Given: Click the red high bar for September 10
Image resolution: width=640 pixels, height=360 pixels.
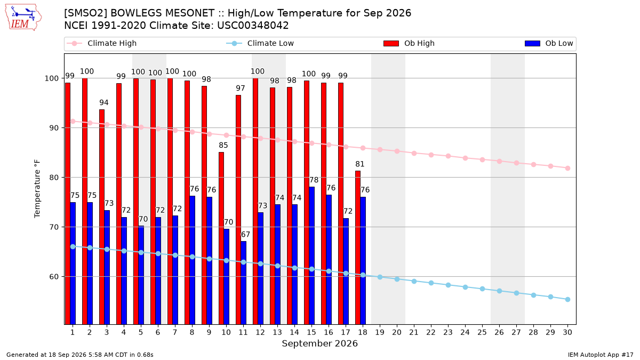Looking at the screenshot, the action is [x=221, y=238].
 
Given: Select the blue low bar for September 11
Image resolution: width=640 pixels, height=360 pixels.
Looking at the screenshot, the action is [x=243, y=283].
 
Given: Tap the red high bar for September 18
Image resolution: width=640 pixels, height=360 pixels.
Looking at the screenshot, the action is [x=358, y=247].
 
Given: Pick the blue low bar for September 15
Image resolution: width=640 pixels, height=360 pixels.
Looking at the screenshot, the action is [x=311, y=255].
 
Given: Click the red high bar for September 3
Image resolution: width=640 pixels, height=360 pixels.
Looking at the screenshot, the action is [x=102, y=217].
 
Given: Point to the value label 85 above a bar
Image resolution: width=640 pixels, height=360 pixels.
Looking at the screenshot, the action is [x=223, y=146].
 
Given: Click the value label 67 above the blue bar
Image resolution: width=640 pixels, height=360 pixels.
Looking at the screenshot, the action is [x=245, y=235].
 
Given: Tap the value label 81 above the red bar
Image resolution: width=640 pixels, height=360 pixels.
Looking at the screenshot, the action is [x=359, y=164].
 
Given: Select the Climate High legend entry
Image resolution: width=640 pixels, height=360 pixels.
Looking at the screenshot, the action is [x=102, y=43].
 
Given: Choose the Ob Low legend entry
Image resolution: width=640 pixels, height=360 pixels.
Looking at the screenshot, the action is [x=549, y=43].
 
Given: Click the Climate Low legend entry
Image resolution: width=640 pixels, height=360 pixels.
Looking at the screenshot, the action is [x=260, y=43].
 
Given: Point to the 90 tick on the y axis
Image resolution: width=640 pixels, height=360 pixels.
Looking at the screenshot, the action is [x=54, y=127].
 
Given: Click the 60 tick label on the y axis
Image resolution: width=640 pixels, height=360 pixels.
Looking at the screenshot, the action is [x=54, y=277].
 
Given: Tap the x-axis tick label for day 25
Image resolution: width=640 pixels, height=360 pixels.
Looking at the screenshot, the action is [x=482, y=332].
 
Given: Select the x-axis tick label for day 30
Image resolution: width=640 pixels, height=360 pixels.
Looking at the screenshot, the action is [x=567, y=332].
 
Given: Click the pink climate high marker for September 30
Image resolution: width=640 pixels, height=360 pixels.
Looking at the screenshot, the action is [x=567, y=169].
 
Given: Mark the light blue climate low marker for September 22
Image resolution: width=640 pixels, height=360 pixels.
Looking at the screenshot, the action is [x=431, y=283].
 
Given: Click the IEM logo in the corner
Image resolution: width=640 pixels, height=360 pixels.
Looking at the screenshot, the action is [x=23, y=18].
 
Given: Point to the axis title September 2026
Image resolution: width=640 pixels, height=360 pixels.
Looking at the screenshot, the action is [x=319, y=343].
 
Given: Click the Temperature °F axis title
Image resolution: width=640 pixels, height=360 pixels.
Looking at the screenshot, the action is [x=37, y=189].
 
